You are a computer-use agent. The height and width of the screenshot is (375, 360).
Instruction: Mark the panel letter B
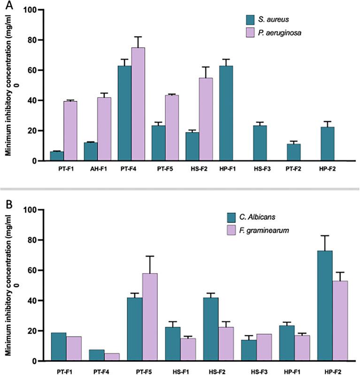6,205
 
